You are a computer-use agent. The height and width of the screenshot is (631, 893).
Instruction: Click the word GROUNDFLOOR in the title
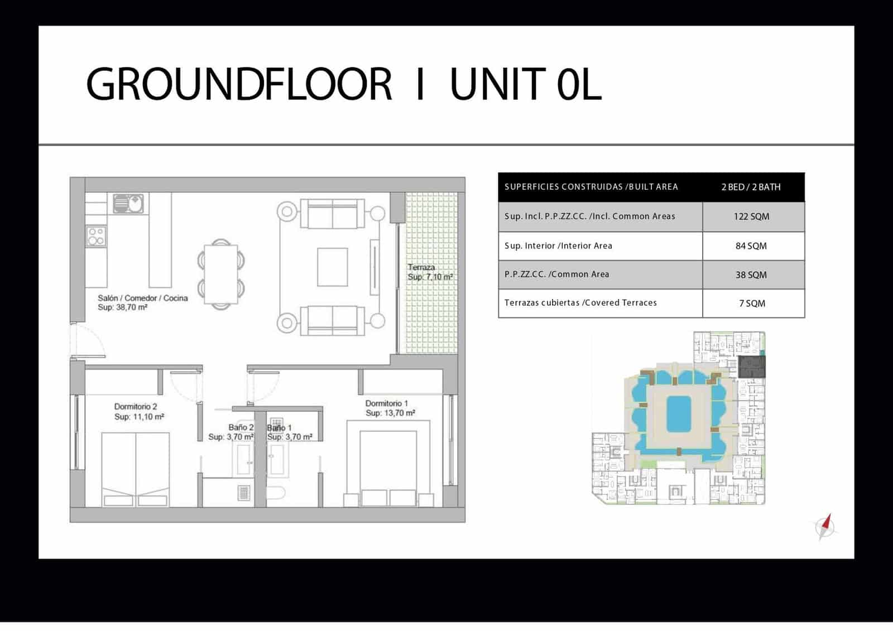point(239,84)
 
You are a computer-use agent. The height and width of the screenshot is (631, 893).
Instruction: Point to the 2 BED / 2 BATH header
point(751,187)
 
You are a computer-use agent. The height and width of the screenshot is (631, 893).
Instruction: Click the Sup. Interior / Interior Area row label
point(558,246)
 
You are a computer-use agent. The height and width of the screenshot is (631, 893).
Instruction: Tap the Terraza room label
point(421,267)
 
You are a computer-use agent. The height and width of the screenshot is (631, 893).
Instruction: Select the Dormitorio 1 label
point(386,403)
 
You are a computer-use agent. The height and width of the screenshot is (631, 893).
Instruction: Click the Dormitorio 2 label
point(136,407)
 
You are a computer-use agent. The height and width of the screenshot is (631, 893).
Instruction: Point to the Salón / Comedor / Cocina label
point(143,298)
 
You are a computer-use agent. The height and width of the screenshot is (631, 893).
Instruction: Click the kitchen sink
point(128,204)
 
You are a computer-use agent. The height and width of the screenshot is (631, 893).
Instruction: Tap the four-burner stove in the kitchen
point(96,236)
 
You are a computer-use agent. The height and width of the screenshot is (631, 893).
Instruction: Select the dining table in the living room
point(221,274)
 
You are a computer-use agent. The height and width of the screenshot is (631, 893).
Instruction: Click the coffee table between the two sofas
point(333,267)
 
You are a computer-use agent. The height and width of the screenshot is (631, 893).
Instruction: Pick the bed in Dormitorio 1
point(388,468)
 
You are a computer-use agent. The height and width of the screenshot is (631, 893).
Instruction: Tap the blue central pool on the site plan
point(679,414)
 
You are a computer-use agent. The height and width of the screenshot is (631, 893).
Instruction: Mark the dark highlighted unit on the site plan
point(751,367)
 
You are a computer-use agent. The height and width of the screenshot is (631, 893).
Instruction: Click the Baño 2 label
point(241,427)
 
